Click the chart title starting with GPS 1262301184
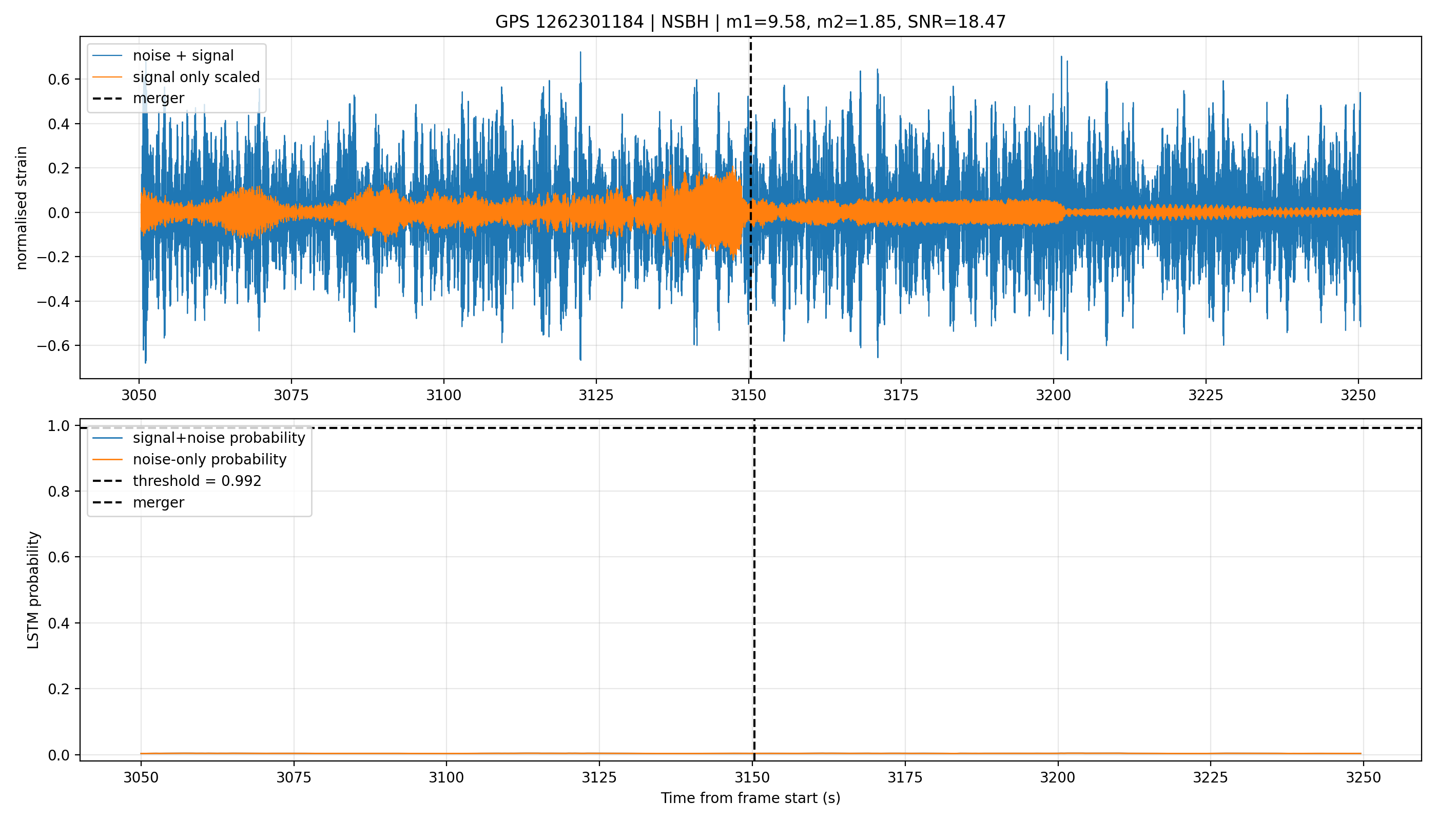click(750, 22)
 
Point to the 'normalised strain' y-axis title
click(22, 208)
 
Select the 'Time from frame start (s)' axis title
click(751, 798)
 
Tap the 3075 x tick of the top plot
click(292, 395)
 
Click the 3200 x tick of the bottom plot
click(1058, 777)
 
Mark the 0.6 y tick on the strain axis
click(59, 80)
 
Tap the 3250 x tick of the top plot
click(1358, 395)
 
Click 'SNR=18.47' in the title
click(957, 22)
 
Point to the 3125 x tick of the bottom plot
click(599, 777)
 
